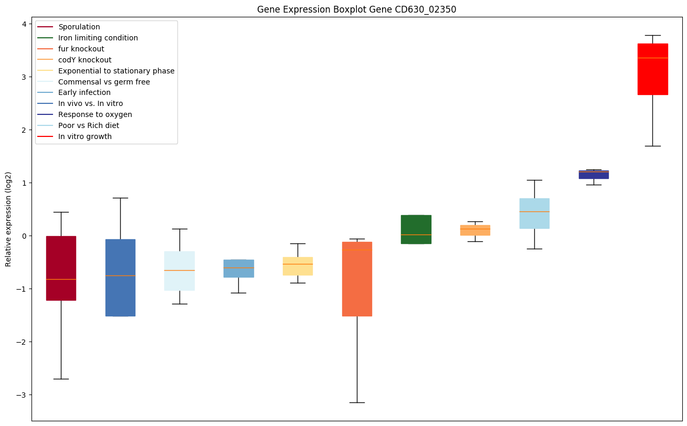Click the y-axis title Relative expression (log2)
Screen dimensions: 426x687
pyautogui.click(x=8, y=219)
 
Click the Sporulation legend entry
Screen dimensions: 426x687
pyautogui.click(x=79, y=27)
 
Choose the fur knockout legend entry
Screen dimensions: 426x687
pyautogui.click(x=81, y=49)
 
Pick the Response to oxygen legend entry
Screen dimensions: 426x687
pyautogui.click(x=95, y=114)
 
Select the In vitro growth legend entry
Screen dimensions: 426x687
pyautogui.click(x=85, y=136)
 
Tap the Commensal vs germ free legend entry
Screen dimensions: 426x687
pyautogui.click(x=104, y=82)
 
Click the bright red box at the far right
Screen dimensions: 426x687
pyautogui.click(x=652, y=69)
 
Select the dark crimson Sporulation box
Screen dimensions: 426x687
pyautogui.click(x=61, y=268)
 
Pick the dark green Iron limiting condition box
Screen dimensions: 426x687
pyautogui.click(x=416, y=229)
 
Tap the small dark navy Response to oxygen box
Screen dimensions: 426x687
pyautogui.click(x=594, y=174)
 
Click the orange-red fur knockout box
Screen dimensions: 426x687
pyautogui.click(x=357, y=279)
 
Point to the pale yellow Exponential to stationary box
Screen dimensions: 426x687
pyautogui.click(x=298, y=266)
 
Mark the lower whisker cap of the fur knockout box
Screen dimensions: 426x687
pyautogui.click(x=357, y=402)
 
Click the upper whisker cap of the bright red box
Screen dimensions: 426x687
pyautogui.click(x=652, y=35)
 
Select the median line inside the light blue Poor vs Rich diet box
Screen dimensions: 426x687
pyautogui.click(x=534, y=211)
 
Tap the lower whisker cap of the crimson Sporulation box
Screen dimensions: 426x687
pyautogui.click(x=61, y=379)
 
